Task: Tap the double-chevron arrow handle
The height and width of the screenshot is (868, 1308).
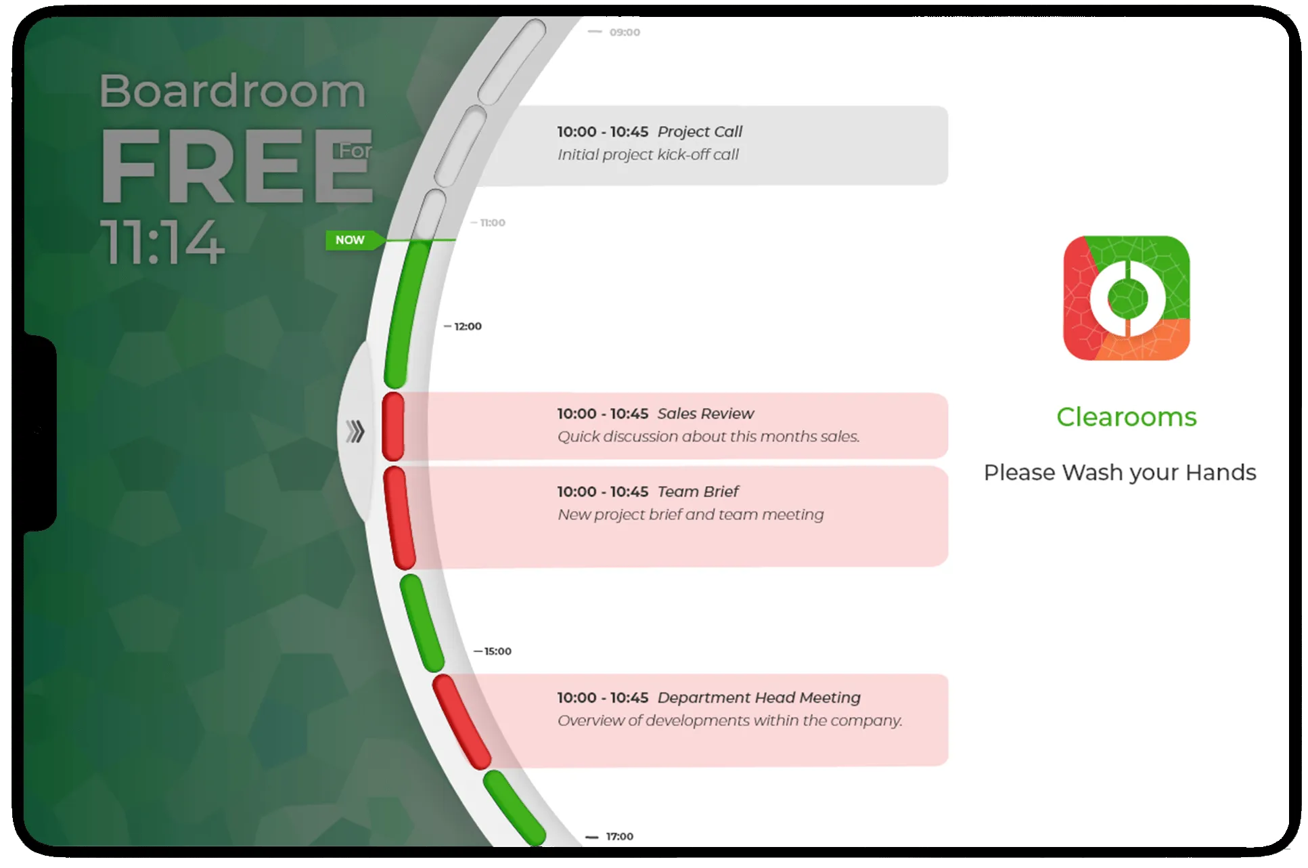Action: (355, 431)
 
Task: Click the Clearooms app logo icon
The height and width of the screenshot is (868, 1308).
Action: (1126, 298)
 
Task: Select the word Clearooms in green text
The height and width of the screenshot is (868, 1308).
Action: (1126, 417)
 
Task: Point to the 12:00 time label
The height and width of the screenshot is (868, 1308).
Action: (468, 326)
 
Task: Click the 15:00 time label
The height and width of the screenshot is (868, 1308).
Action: (497, 651)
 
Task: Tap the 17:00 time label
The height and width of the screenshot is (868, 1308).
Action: (619, 837)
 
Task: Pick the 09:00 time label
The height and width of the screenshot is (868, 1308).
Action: (625, 32)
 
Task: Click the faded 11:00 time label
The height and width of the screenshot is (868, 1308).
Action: (493, 223)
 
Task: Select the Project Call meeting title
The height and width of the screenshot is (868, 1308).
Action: (700, 131)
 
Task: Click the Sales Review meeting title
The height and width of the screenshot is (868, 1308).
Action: (705, 414)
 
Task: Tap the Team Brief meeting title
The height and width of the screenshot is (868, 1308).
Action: (698, 492)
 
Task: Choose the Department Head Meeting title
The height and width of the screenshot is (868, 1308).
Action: (759, 697)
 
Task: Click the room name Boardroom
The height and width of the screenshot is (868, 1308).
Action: (233, 91)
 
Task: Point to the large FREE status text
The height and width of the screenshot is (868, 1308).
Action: (236, 167)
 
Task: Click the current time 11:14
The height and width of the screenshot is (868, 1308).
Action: (162, 242)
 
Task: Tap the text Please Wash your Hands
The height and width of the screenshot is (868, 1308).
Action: (1120, 473)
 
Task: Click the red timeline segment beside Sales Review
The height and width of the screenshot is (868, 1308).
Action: (393, 427)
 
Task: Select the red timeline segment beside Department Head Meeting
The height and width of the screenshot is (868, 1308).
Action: (461, 722)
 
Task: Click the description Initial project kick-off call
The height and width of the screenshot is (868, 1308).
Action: (648, 155)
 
